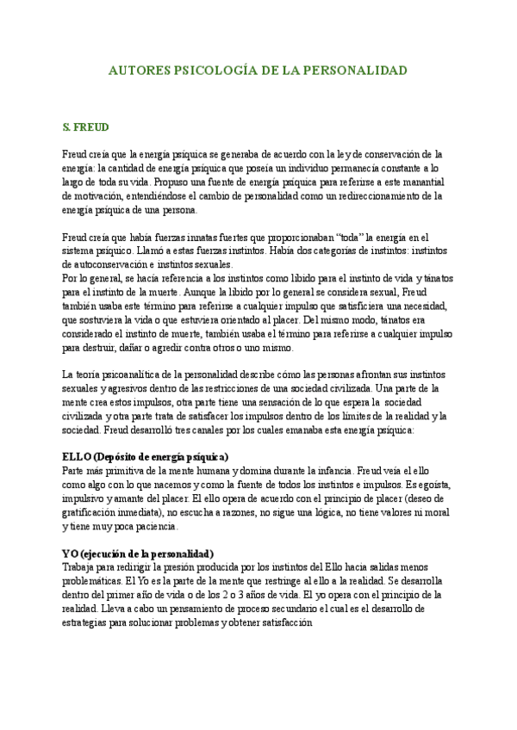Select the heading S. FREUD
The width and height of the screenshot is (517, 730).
pyautogui.click(x=85, y=127)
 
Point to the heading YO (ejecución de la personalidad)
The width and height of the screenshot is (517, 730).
pyautogui.click(x=139, y=553)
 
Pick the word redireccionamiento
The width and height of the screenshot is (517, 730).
pyautogui.click(x=364, y=196)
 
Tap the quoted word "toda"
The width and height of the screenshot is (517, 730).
pyautogui.click(x=350, y=238)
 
